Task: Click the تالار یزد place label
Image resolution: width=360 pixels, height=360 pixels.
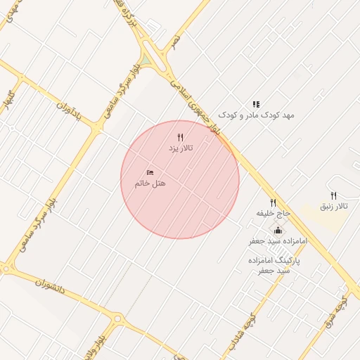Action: coord(180,149)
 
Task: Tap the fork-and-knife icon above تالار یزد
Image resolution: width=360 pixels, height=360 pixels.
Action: coord(180,138)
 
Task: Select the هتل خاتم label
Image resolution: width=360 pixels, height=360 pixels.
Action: coord(150,184)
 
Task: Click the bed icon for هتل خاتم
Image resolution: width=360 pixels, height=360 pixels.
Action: coord(150,172)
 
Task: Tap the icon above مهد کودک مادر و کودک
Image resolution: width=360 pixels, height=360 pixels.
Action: coord(256,104)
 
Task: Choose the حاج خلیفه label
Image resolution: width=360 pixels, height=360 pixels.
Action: coord(273,212)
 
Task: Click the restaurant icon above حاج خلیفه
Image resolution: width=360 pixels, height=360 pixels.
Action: coord(273,202)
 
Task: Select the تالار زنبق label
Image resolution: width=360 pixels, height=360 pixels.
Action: coord(334,206)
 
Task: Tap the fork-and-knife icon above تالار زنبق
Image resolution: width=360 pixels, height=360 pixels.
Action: coord(333,195)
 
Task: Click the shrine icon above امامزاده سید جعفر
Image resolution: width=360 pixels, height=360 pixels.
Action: coord(278,230)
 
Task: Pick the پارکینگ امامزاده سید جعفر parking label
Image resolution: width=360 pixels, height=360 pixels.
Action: coord(274,265)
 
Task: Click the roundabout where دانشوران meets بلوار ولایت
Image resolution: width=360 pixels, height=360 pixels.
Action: coord(117,319)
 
